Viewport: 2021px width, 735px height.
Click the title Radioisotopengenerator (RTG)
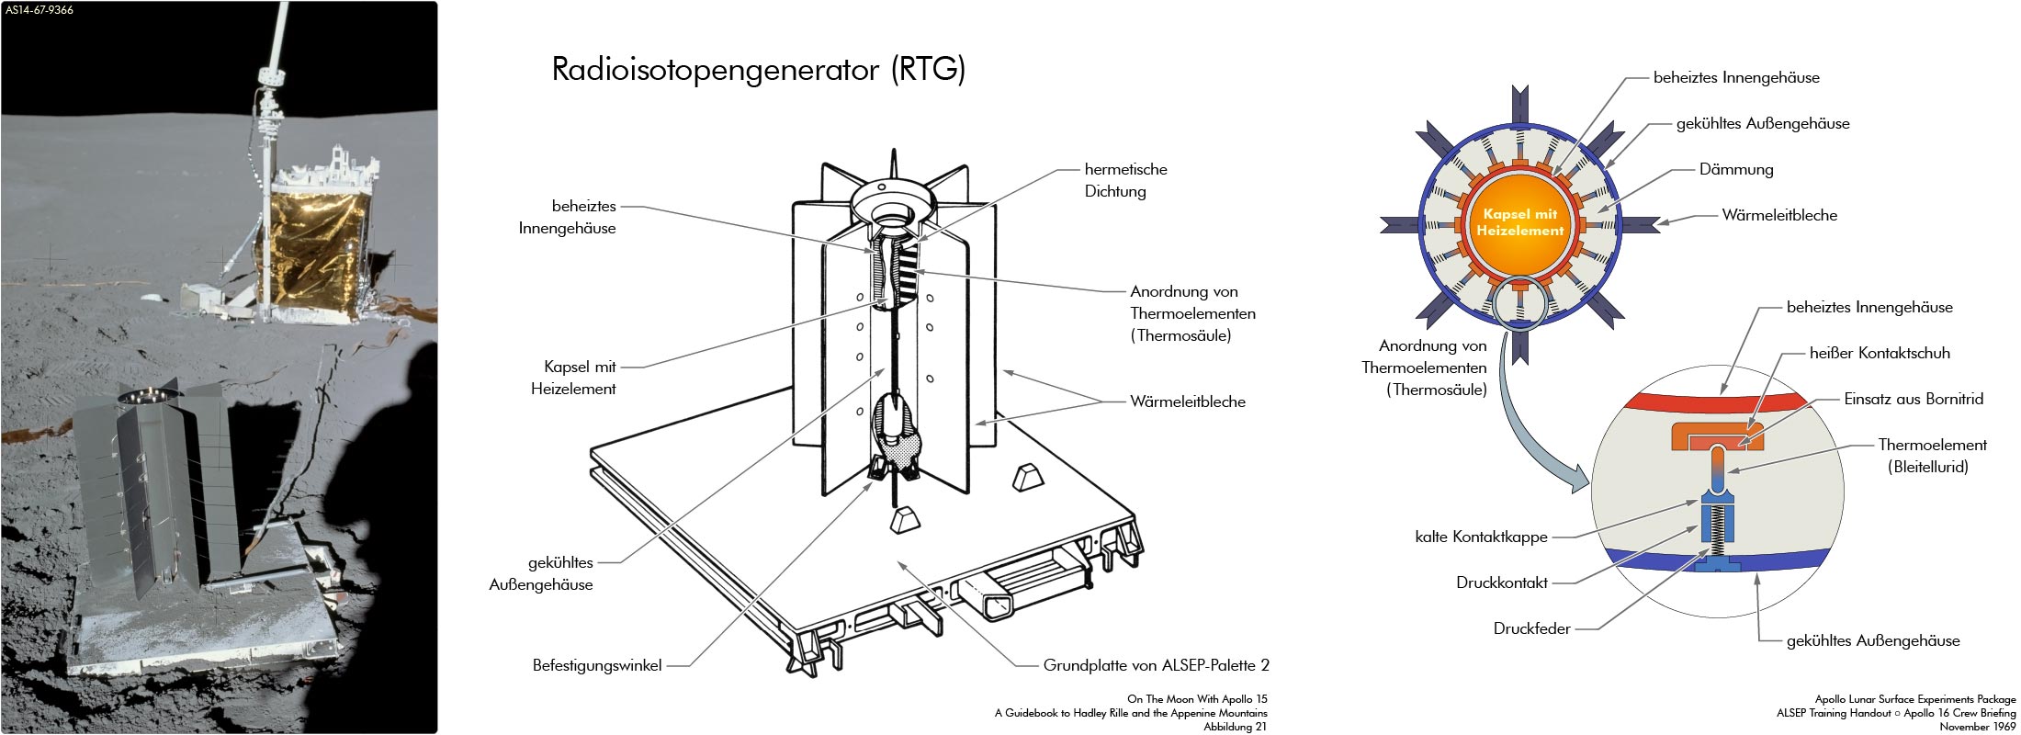[x=758, y=70]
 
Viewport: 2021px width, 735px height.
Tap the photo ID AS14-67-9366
[x=40, y=10]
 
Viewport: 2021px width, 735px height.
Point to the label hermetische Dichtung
[x=1125, y=180]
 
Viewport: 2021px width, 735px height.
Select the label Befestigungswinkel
[x=597, y=665]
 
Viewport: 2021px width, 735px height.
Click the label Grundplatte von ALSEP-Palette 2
[x=1156, y=665]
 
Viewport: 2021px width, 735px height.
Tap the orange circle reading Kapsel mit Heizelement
[x=1519, y=223]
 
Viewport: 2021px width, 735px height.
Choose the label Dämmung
[x=1735, y=170]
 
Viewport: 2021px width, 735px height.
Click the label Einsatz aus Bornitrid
[x=1913, y=399]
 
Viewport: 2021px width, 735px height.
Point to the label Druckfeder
[x=1531, y=629]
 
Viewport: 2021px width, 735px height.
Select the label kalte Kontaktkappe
[x=1481, y=537]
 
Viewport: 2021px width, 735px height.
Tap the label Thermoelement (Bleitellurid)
[x=1931, y=456]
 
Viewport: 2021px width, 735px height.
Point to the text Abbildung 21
[x=1235, y=727]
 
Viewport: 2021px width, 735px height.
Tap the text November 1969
[x=1977, y=727]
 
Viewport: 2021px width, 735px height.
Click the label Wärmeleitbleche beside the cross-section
[x=1779, y=216]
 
